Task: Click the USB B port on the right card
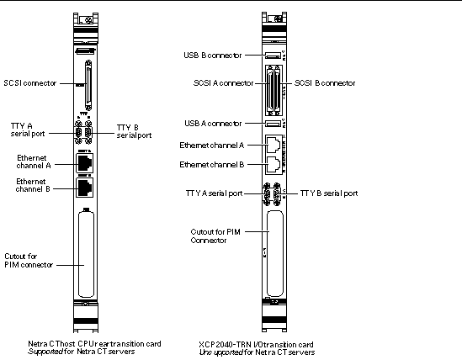273,57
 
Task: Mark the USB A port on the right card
273,124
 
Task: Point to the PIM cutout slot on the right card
273,252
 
